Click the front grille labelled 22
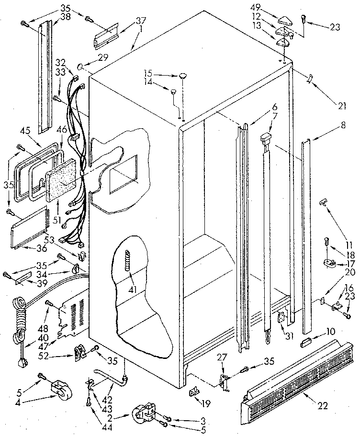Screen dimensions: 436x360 292,378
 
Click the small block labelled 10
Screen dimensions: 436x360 306,343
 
